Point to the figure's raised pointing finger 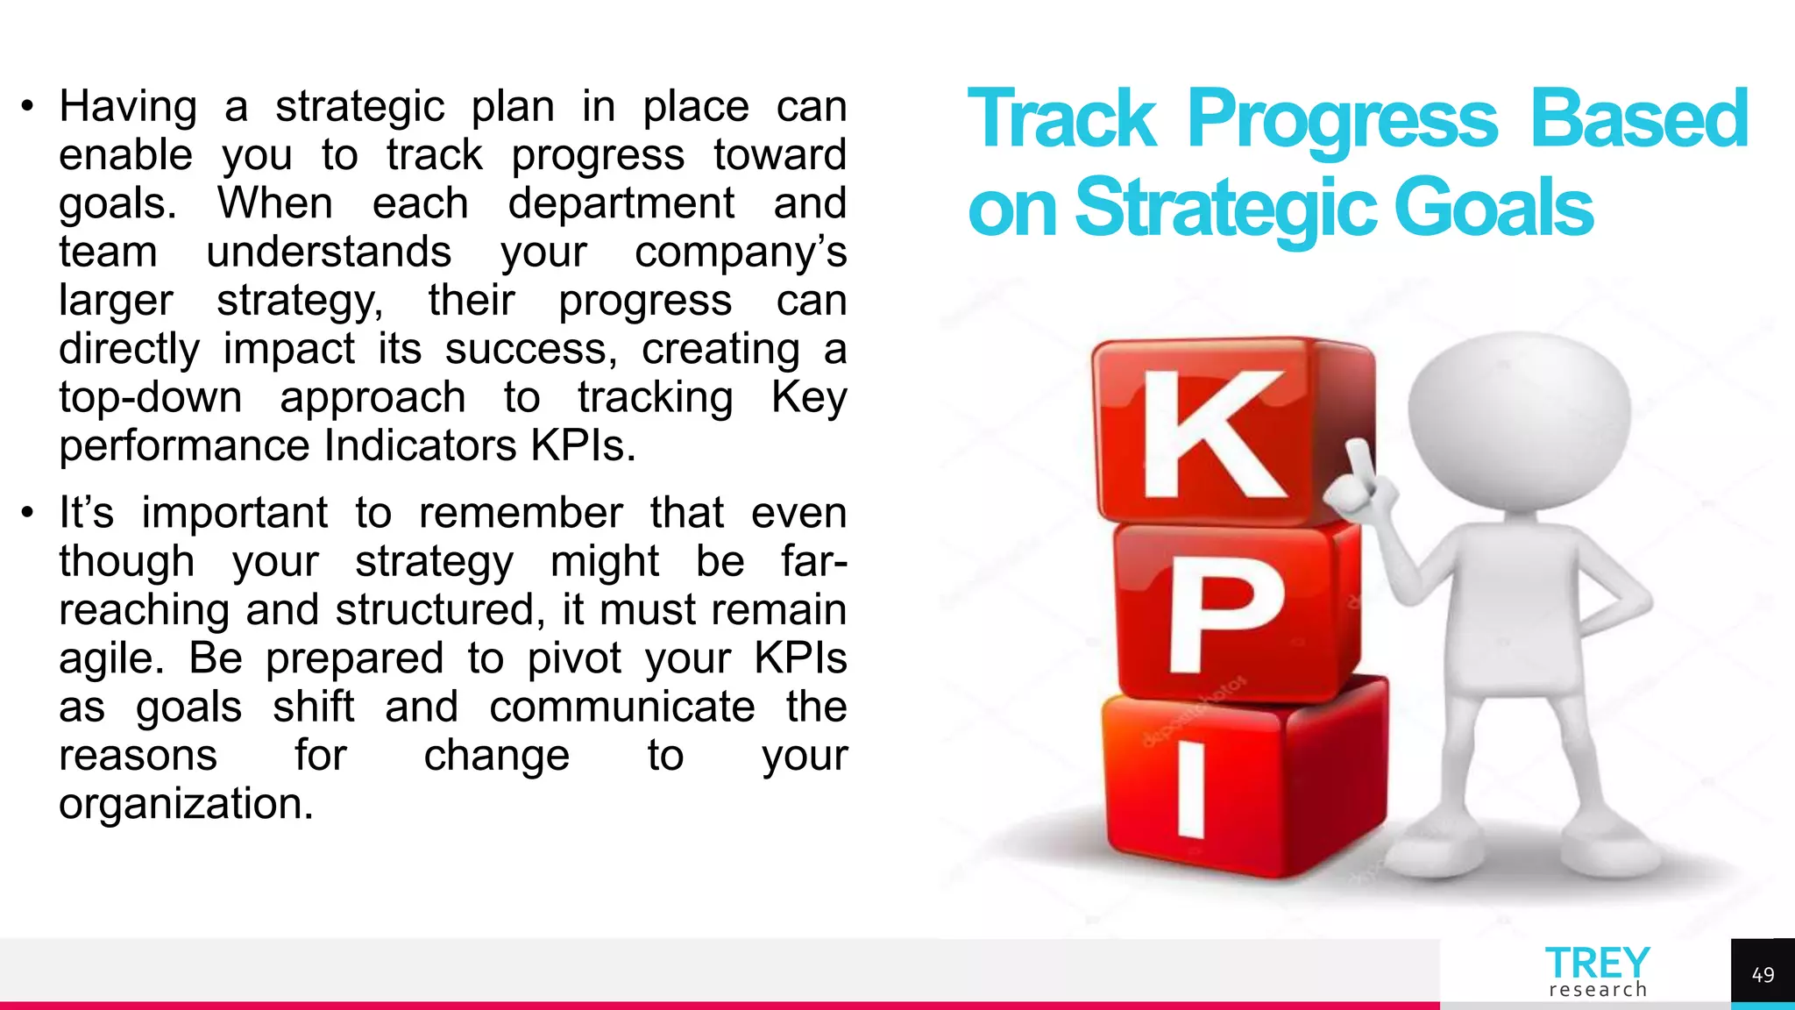tap(1359, 460)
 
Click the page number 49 tap(1763, 975)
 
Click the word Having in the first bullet tap(128, 107)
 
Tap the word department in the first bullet tap(621, 203)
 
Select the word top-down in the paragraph tap(150, 397)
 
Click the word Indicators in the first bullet tap(420, 445)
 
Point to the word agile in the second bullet tap(110, 658)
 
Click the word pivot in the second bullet tap(574, 658)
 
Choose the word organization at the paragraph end tap(186, 803)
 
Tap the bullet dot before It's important tap(28, 513)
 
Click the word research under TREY tap(1598, 990)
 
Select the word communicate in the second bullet tap(621, 707)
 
